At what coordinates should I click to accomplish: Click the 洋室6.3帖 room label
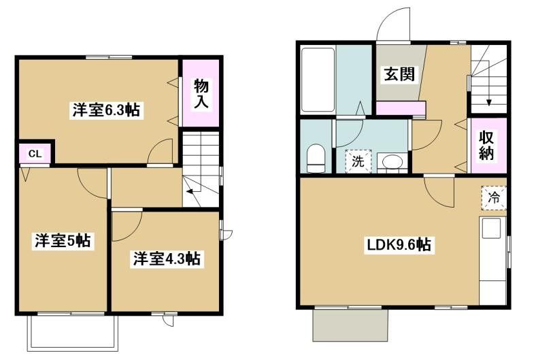click(x=106, y=110)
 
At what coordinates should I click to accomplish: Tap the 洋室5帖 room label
click(x=63, y=240)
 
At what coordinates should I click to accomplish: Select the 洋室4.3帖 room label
click(x=166, y=259)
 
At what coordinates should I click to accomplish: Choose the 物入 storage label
click(x=201, y=94)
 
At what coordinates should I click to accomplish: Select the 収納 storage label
click(x=490, y=145)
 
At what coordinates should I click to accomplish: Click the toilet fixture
click(x=315, y=159)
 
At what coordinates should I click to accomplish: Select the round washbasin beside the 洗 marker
click(x=391, y=163)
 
